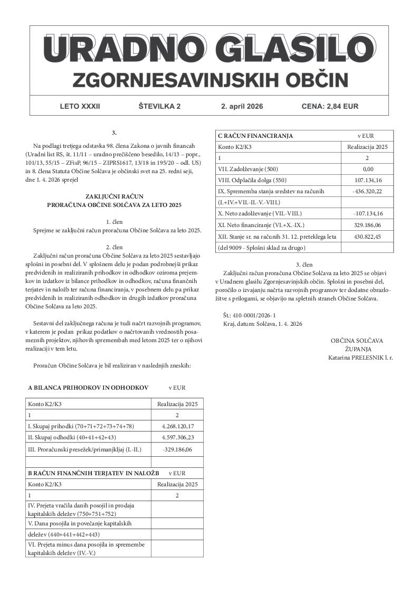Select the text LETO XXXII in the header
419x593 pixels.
[x=80, y=106]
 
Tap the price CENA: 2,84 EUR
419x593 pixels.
[x=330, y=106]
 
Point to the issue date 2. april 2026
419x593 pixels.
[x=242, y=106]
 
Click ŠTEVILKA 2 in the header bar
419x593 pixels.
[x=159, y=106]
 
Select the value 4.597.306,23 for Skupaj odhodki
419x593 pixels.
[x=177, y=438]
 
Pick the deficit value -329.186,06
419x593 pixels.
[x=177, y=450]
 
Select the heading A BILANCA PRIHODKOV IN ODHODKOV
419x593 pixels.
[x=88, y=388]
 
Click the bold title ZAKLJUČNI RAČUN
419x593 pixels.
[x=114, y=196]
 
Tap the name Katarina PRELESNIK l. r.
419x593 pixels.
[x=360, y=358]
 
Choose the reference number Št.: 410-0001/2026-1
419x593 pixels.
[x=250, y=315]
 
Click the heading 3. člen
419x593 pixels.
[x=304, y=264]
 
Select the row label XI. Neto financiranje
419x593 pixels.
[x=259, y=225]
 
